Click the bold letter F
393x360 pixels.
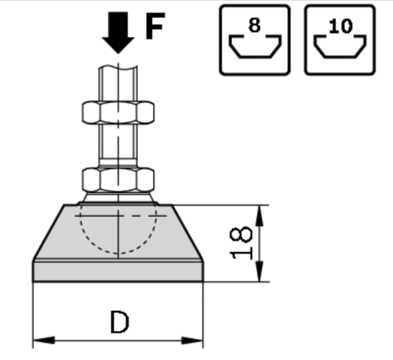pyautogui.click(x=156, y=26)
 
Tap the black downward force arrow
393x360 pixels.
pyautogui.click(x=118, y=32)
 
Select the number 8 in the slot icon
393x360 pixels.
pyautogui.click(x=255, y=25)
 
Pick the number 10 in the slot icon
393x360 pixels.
pyautogui.click(x=341, y=26)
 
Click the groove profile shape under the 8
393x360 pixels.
pyautogui.click(x=255, y=56)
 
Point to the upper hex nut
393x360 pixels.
pyautogui.click(x=118, y=112)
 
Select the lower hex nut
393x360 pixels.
pyautogui.click(x=118, y=180)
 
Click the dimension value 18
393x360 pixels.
pyautogui.click(x=242, y=243)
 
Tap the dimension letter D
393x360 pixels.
pyautogui.click(x=120, y=322)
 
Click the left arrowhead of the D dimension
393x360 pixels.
pyautogui.click(x=43, y=340)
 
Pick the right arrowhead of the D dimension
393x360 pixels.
pyautogui.click(x=192, y=340)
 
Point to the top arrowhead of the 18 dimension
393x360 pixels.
pyautogui.click(x=260, y=215)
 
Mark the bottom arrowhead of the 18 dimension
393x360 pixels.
pyautogui.click(x=260, y=271)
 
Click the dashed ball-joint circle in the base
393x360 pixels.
pyautogui.click(x=119, y=253)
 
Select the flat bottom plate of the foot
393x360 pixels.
pyautogui.click(x=118, y=272)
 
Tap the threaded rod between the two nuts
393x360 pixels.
pyautogui.click(x=118, y=141)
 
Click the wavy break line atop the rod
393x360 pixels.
pyautogui.click(x=118, y=67)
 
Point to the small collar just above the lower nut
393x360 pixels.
pyautogui.click(x=118, y=163)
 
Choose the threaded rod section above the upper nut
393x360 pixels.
pyautogui.click(x=118, y=84)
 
